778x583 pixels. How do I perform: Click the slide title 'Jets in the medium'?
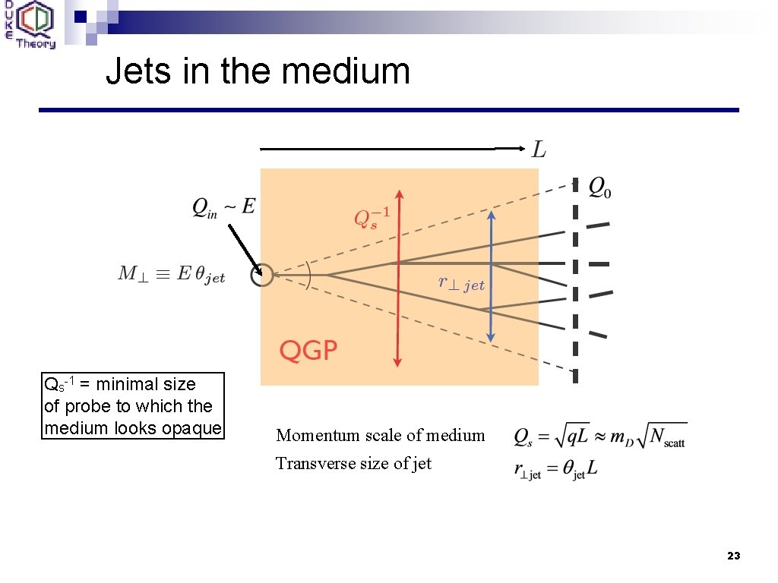coord(258,71)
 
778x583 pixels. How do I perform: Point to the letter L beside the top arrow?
coord(538,150)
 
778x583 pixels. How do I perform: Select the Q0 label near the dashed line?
coord(599,188)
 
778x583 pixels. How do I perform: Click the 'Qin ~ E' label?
coord(223,206)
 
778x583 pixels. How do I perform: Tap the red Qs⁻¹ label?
coord(372,217)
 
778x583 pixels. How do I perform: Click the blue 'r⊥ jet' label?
coord(461,284)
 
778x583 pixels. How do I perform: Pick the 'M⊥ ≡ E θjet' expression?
coord(172,275)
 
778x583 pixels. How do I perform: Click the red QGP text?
coord(308,350)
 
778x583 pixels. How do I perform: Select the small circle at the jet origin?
coord(262,275)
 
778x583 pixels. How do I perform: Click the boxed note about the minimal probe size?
coord(133,405)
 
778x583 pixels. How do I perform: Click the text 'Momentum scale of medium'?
coord(380,435)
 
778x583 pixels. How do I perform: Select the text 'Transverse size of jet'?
coord(353,463)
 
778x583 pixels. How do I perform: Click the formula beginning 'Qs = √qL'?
coord(599,436)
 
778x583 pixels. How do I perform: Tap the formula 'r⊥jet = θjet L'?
coord(556,470)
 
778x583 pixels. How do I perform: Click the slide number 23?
coord(732,556)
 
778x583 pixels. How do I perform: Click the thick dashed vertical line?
coord(575,281)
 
